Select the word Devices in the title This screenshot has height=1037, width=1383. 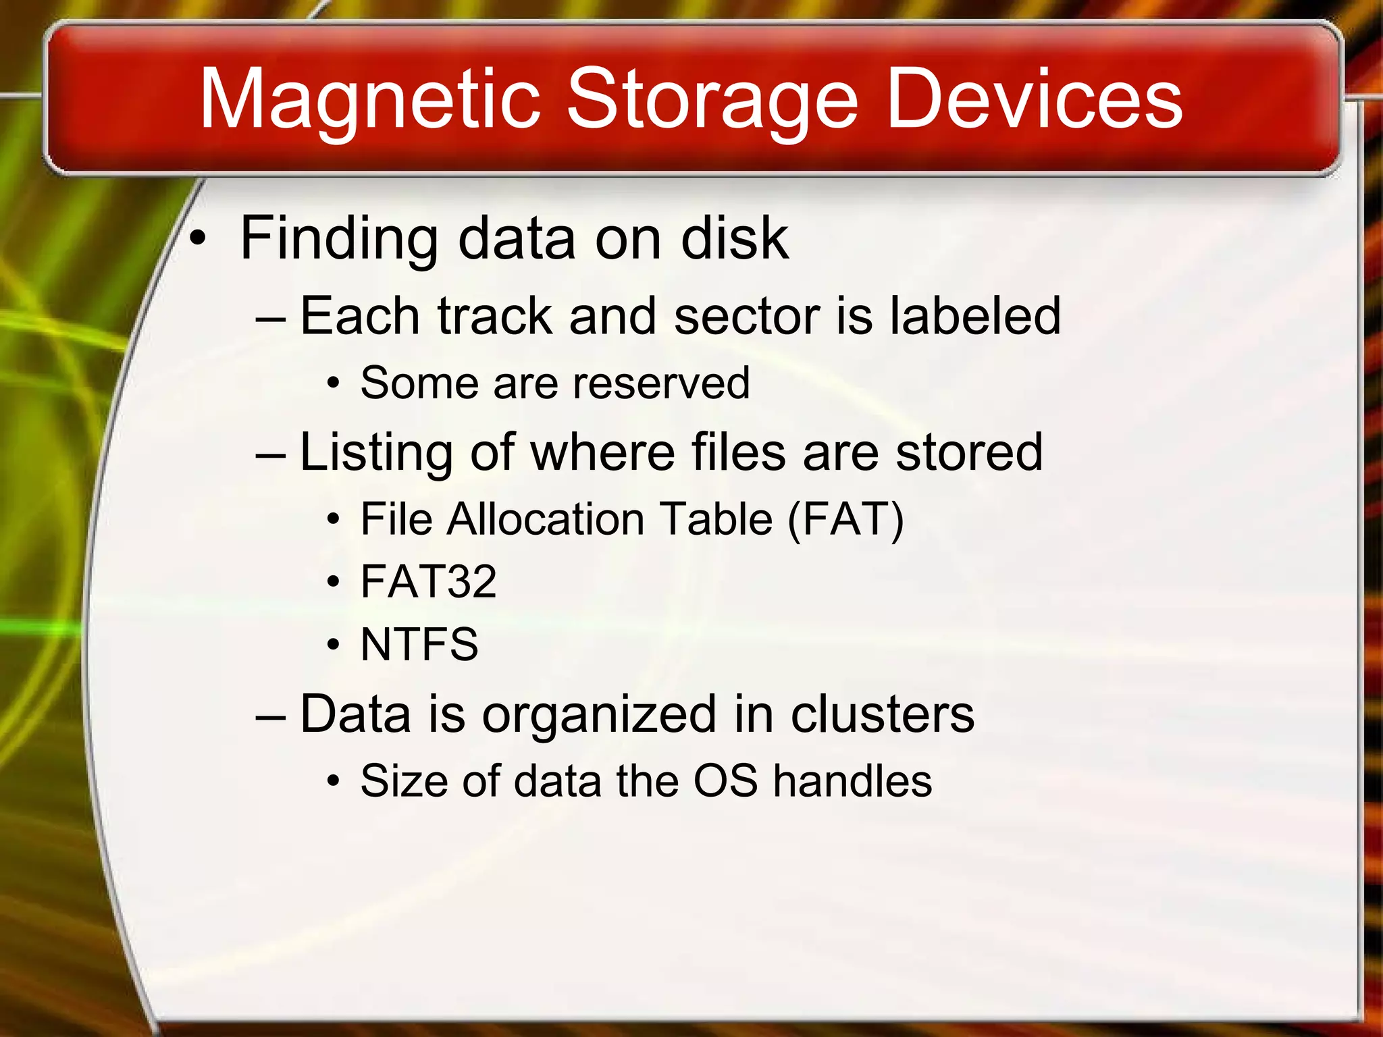click(x=1034, y=100)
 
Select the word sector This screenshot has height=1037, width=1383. click(x=746, y=315)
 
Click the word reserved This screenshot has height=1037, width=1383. click(x=661, y=383)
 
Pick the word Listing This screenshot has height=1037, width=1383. click(x=375, y=452)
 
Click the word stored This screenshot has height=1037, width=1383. click(x=968, y=452)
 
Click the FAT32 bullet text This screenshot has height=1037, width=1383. click(x=429, y=581)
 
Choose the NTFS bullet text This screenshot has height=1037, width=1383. click(x=419, y=644)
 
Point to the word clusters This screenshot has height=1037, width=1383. click(x=882, y=714)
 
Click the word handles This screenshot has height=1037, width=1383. click(x=852, y=781)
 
